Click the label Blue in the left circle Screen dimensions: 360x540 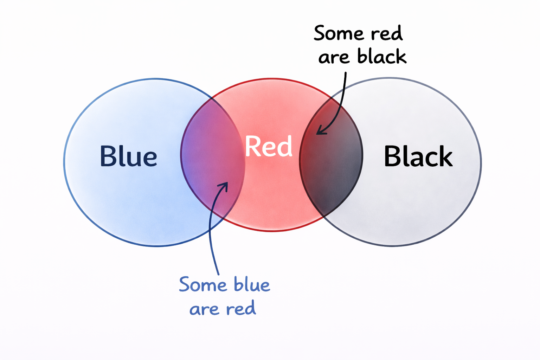128,156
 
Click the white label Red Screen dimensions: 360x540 269,146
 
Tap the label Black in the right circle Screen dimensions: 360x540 418,156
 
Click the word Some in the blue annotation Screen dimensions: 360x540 202,285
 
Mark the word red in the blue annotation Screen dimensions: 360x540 241,309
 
